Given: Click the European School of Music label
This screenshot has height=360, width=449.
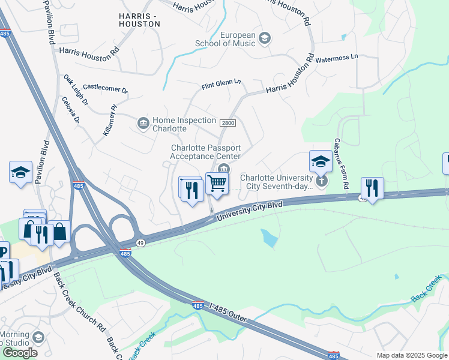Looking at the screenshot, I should coord(225,39).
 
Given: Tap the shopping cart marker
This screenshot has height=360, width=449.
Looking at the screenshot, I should coord(217,183).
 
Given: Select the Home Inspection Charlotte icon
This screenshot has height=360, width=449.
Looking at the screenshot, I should coord(143,124).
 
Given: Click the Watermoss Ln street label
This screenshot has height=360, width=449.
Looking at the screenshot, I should coord(336,58).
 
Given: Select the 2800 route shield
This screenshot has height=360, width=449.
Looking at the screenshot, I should coord(228,123).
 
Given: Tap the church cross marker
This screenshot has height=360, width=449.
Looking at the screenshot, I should coord(322,180).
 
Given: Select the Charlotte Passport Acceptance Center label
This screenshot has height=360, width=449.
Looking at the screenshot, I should coord(205,152).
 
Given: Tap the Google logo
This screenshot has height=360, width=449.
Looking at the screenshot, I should coord(20,353).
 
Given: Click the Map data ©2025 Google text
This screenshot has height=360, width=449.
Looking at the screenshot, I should coord(411,355).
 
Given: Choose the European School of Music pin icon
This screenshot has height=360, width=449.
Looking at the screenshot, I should coord(265,39).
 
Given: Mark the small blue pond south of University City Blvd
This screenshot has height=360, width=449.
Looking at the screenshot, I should coord(269,238).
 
